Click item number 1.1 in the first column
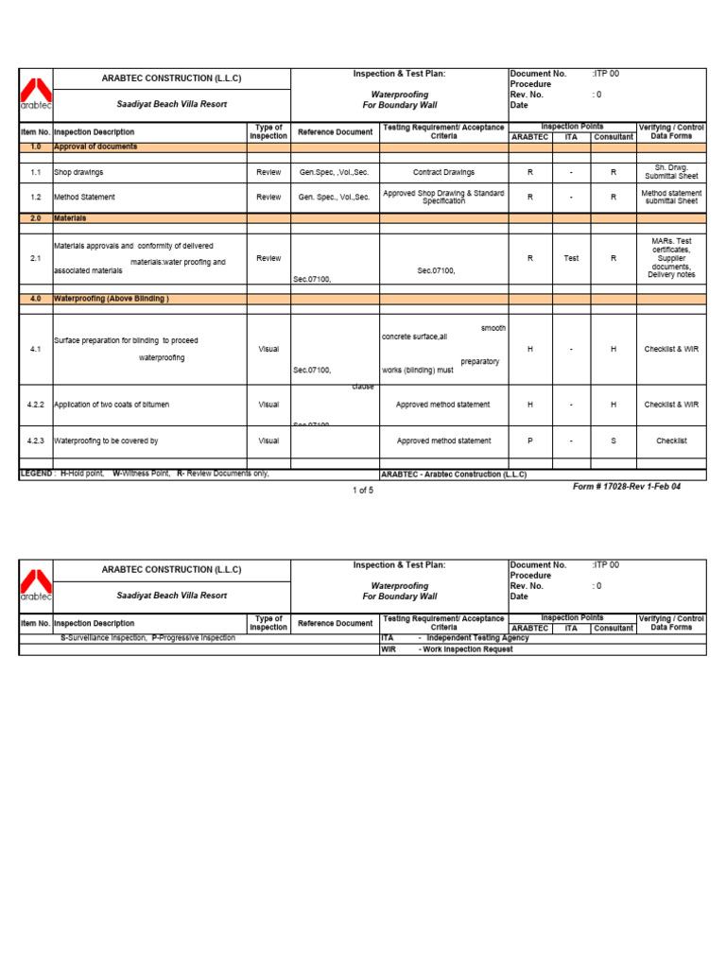pos(35,173)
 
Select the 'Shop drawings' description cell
pos(79,173)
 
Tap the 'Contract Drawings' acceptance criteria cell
pos(443,173)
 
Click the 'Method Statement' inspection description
pos(85,198)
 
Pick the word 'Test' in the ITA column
pos(571,257)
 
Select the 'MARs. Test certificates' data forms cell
pos(671,258)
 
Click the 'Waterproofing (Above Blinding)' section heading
pos(112,299)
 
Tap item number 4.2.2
pos(35,405)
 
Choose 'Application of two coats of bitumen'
pos(112,405)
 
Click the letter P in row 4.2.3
pos(529,441)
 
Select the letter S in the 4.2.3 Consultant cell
pos(613,441)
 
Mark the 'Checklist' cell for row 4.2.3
pos(671,441)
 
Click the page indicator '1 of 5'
pos(363,491)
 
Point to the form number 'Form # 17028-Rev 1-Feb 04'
pos(626,487)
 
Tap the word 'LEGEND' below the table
pos(36,474)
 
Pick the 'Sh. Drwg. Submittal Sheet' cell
pos(671,172)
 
